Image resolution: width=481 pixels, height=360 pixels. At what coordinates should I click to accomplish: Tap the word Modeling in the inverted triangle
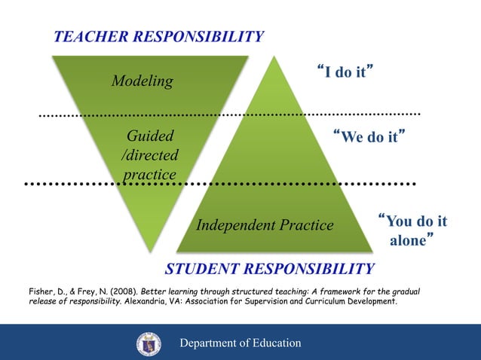(x=142, y=81)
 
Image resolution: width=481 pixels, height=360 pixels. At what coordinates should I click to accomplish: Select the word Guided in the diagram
(x=150, y=136)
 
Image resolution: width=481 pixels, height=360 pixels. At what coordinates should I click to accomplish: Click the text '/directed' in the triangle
(x=150, y=155)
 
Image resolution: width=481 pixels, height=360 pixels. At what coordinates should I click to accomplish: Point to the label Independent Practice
(x=265, y=224)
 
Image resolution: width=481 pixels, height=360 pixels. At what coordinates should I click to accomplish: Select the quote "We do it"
(x=369, y=137)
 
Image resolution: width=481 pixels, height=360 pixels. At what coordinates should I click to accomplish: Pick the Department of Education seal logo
(x=149, y=343)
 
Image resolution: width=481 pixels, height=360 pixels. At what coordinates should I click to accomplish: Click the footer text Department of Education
(x=240, y=343)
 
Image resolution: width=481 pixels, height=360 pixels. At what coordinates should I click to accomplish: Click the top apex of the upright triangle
(x=274, y=57)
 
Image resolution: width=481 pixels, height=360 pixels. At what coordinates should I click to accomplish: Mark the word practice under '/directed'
(x=150, y=174)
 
